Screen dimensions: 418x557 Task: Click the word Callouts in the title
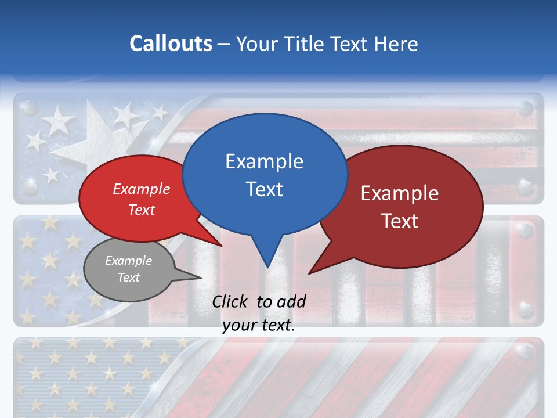point(171,44)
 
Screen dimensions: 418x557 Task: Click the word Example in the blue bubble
point(264,161)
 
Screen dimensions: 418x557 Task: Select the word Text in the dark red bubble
point(400,221)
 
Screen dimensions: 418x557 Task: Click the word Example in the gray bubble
point(129,261)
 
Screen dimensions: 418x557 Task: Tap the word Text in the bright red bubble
point(142,210)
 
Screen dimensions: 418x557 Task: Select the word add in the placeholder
point(291,301)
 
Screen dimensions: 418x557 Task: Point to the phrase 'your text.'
point(259,325)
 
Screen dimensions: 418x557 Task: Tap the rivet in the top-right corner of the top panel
point(526,107)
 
